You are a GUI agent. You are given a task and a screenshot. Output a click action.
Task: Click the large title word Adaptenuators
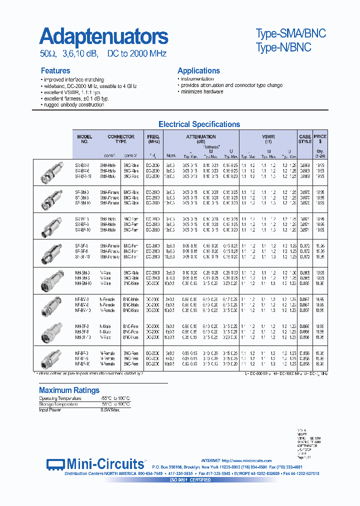[103, 36]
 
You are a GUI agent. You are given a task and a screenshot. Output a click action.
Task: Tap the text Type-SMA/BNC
[290, 33]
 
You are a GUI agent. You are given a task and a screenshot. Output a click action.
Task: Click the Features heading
[55, 70]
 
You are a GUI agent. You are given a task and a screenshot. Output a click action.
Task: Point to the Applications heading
[198, 70]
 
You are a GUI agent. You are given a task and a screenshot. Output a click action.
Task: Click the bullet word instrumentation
[197, 79]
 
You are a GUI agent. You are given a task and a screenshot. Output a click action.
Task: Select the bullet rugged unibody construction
[73, 104]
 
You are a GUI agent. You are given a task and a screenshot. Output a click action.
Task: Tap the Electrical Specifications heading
[199, 124]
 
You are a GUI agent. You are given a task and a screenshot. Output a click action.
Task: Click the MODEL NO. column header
[84, 139]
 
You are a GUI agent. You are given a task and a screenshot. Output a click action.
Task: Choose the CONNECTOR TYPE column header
[120, 139]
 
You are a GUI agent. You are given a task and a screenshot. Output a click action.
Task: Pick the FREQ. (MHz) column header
[153, 139]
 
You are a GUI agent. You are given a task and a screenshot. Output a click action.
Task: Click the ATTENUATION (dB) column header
[200, 139]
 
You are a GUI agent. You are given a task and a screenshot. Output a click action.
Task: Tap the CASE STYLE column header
[305, 139]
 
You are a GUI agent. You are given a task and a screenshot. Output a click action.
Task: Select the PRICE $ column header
[320, 139]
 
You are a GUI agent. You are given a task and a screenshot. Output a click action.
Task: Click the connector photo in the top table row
[52, 171]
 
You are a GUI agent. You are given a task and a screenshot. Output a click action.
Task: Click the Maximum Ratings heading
[69, 390]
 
